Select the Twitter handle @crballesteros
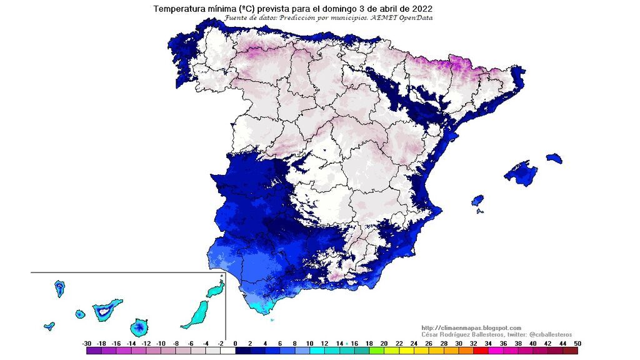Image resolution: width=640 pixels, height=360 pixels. pyautogui.click(x=544, y=335)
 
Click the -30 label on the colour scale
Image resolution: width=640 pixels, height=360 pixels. pyautogui.click(x=87, y=343)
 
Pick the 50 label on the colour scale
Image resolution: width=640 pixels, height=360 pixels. pyautogui.click(x=577, y=343)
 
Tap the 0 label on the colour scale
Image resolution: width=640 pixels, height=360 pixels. pyautogui.click(x=236, y=343)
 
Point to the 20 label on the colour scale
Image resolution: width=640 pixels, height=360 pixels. pyautogui.click(x=384, y=343)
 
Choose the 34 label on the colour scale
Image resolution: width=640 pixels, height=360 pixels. pyautogui.click(x=487, y=343)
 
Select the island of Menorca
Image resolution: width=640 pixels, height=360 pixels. pyautogui.click(x=554, y=158)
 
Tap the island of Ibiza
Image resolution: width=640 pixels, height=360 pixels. pyautogui.click(x=477, y=201)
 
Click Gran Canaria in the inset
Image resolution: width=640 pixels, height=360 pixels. pyautogui.click(x=140, y=327)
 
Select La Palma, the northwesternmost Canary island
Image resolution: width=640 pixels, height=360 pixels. pyautogui.click(x=60, y=288)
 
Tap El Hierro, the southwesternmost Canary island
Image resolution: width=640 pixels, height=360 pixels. pyautogui.click(x=49, y=326)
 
